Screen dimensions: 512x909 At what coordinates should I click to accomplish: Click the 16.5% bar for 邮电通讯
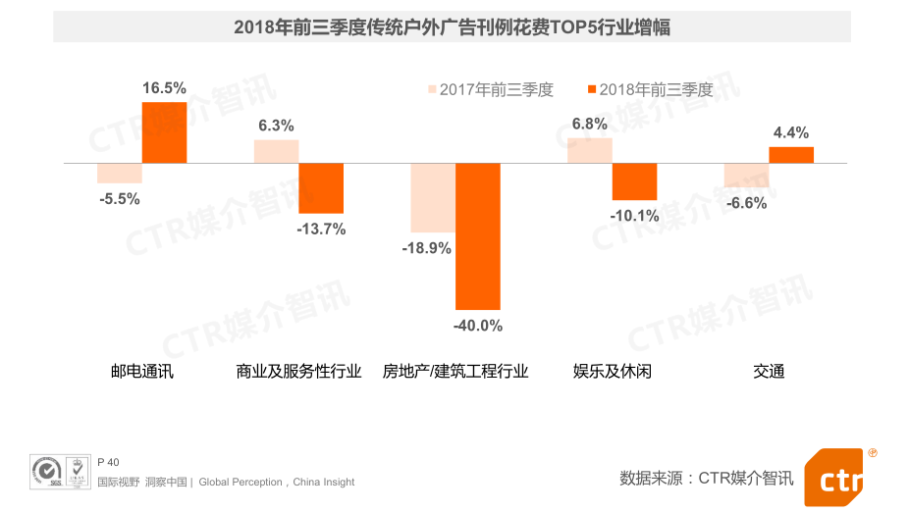[164, 132]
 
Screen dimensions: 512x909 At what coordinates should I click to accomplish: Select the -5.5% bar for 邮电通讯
[120, 173]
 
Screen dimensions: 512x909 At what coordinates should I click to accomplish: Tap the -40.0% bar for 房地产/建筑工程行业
[478, 236]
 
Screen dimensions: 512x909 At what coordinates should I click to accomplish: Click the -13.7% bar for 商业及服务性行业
[321, 187]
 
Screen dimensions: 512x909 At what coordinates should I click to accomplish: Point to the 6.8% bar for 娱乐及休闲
[589, 150]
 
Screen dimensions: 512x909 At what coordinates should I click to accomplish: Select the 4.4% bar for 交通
[791, 154]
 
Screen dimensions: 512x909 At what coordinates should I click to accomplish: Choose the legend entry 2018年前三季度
[649, 89]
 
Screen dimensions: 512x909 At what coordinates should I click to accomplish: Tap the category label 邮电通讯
[142, 372]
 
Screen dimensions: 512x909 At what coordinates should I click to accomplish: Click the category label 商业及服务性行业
[299, 372]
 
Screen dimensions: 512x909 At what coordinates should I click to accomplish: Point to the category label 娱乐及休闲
[613, 372]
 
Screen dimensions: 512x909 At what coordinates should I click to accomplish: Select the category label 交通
[769, 372]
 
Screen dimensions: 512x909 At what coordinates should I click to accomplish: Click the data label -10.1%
[634, 216]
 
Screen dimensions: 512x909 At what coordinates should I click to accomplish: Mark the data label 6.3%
[276, 126]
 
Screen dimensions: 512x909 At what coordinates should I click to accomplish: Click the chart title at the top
[453, 26]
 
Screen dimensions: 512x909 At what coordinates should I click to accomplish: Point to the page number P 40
[108, 462]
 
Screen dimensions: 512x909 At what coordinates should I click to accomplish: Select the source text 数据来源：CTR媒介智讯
[706, 478]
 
